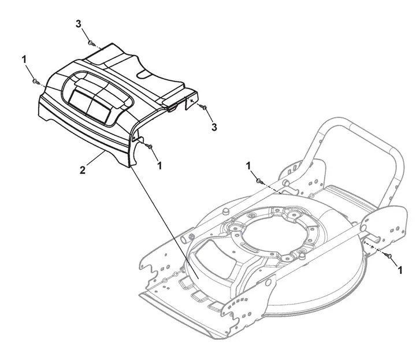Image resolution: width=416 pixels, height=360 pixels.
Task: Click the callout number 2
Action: pos(83,170)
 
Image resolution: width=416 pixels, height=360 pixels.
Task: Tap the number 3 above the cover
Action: pos(78,24)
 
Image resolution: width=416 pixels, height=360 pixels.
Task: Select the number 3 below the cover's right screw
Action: pos(214,127)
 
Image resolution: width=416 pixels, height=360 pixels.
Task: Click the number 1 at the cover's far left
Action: pos(24,60)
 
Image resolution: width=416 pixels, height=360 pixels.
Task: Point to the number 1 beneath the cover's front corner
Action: pos(159,165)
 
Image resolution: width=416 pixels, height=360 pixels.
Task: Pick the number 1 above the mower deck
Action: pos(248,166)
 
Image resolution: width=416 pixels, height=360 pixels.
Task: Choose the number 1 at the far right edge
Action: pos(400,270)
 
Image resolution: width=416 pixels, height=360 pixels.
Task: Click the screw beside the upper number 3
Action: pos(91,43)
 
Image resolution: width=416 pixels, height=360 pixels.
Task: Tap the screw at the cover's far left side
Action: pos(35,81)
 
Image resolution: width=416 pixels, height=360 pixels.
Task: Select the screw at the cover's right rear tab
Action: pos(205,107)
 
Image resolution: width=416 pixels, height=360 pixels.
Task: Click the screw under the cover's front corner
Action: pos(150,146)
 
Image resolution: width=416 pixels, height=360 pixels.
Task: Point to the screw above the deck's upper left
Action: pos(259,181)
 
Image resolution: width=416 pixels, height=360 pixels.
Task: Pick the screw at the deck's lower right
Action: pos(389,256)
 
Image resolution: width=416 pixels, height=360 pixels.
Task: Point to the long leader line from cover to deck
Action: pos(164,222)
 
